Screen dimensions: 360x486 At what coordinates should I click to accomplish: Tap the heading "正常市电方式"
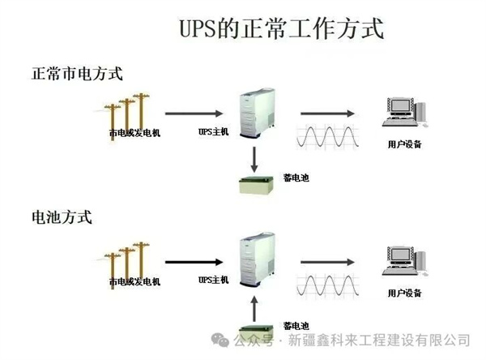point(76,73)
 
